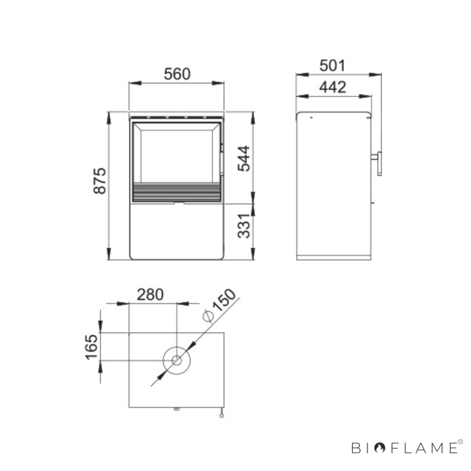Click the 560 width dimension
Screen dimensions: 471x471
177,74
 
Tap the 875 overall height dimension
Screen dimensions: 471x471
100,181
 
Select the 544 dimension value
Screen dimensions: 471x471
244,159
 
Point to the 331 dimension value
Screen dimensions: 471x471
244,226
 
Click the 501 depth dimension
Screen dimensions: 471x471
332,66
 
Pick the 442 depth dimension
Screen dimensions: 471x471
333,87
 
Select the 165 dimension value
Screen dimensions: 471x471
91,347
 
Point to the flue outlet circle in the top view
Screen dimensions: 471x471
177,346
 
